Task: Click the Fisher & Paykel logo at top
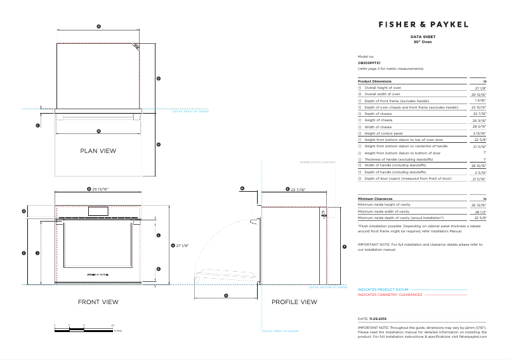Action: (423, 25)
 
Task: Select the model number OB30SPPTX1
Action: (369, 63)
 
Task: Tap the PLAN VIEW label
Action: (98, 150)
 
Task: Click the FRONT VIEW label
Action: (98, 302)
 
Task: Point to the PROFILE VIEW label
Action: (294, 302)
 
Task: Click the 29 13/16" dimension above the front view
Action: (100, 189)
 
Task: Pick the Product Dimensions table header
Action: (375, 81)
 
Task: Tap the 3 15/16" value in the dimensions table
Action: (479, 133)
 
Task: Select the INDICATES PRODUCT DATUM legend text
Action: (383, 290)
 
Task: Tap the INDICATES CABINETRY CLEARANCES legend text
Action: (390, 295)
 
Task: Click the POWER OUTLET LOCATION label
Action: (317, 163)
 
